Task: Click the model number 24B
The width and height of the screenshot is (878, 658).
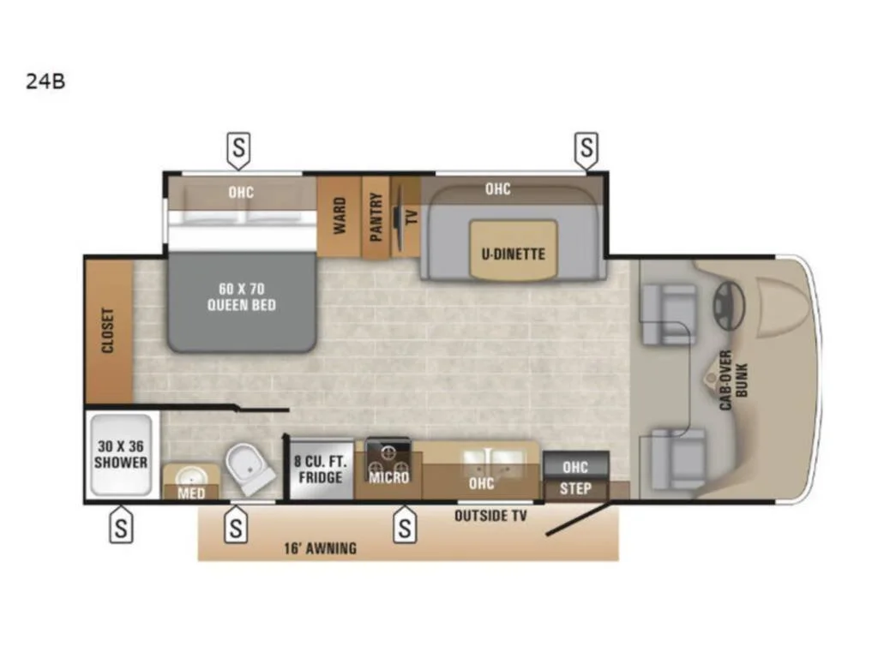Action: pos(45,81)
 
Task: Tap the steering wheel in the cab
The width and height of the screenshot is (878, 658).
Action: pos(728,306)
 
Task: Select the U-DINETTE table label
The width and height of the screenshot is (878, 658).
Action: pos(513,254)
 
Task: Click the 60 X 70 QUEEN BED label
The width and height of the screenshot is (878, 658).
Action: pos(241,297)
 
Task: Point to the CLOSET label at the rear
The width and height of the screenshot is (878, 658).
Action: pos(108,330)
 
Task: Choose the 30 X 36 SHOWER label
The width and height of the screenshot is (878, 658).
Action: pos(121,454)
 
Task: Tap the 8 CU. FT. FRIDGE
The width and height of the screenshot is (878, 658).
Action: pos(321,470)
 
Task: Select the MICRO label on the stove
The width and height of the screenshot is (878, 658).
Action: pos(388,477)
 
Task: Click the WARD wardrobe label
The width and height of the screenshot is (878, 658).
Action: pos(340,215)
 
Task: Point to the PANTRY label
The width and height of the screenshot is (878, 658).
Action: pos(376,217)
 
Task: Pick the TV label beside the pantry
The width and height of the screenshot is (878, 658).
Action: pos(412,217)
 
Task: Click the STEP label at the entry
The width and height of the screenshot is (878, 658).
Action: pos(575,489)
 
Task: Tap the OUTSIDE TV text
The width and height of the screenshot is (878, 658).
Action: pos(490,516)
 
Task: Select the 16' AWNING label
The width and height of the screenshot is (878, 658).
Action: pos(320,548)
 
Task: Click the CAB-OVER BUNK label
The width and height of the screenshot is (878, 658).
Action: pos(733,380)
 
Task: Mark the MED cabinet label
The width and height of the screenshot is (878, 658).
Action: pos(191,493)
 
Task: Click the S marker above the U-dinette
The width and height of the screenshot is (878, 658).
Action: pos(586,149)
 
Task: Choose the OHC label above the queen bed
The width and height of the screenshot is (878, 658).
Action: pos(241,193)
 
